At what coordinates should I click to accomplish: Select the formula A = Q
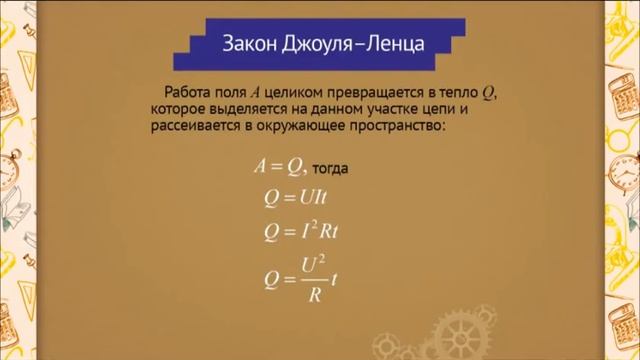pos(279,166)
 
